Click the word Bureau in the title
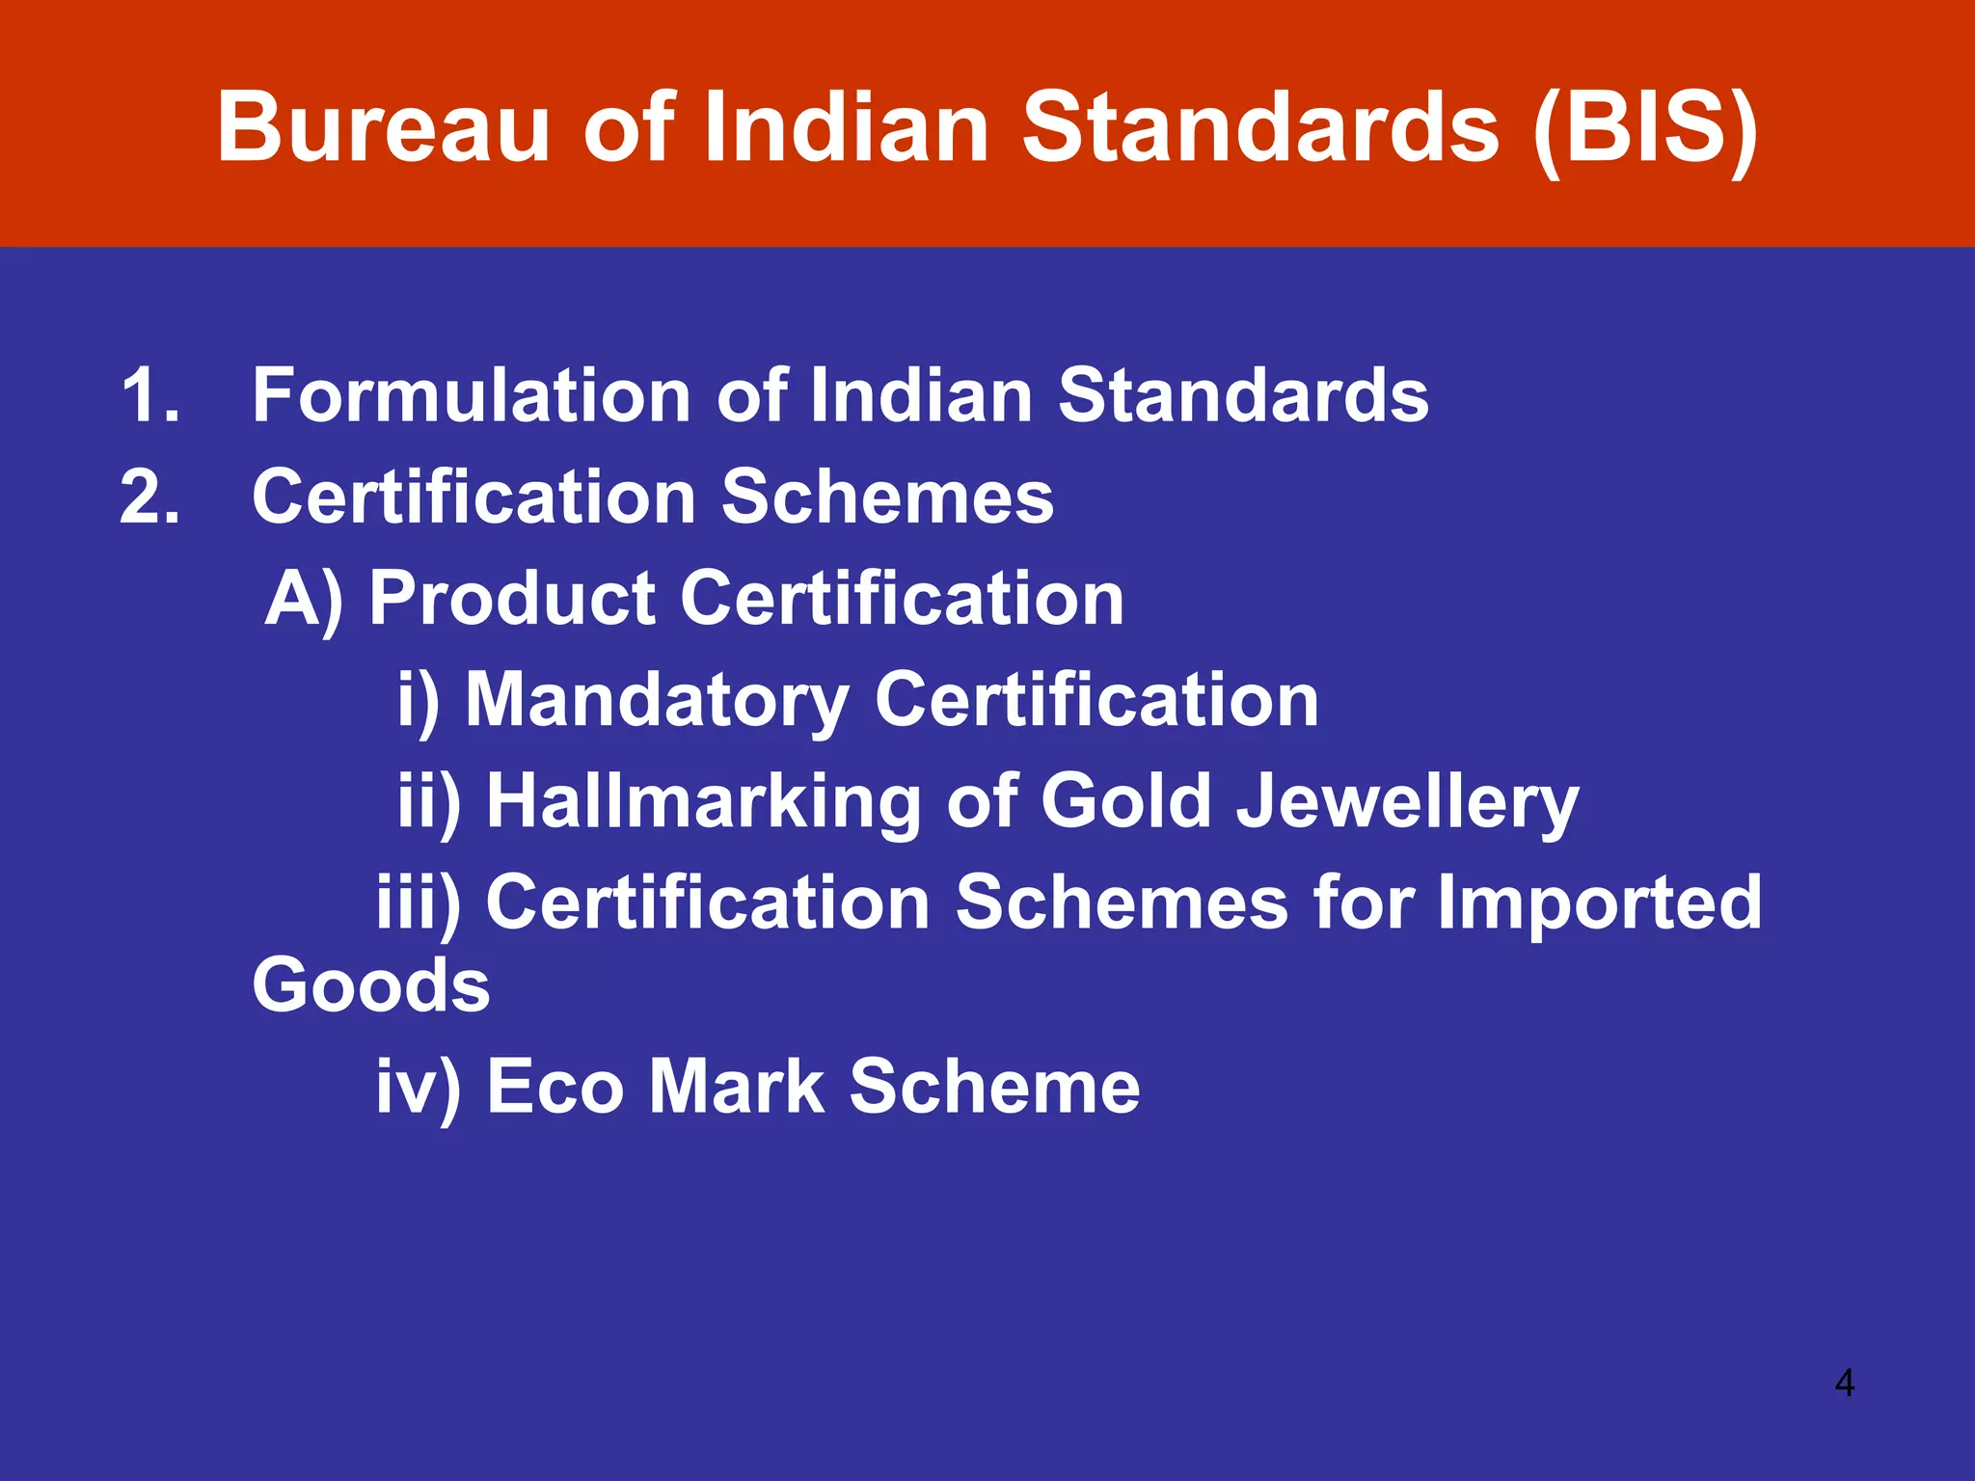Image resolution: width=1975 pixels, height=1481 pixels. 384,128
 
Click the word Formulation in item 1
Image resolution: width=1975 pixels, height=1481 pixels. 472,395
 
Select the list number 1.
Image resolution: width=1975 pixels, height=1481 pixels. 149,395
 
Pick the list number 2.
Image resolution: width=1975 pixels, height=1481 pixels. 149,498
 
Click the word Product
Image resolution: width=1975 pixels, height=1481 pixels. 513,599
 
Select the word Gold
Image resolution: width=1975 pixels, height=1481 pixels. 1125,801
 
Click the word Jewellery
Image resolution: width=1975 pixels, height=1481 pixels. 1408,803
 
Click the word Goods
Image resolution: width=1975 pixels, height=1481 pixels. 371,985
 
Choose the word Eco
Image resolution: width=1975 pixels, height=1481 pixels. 555,1087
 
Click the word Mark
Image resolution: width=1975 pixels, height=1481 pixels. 737,1087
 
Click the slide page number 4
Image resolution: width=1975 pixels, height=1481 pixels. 1844,1384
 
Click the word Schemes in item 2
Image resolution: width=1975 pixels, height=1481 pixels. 887,498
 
